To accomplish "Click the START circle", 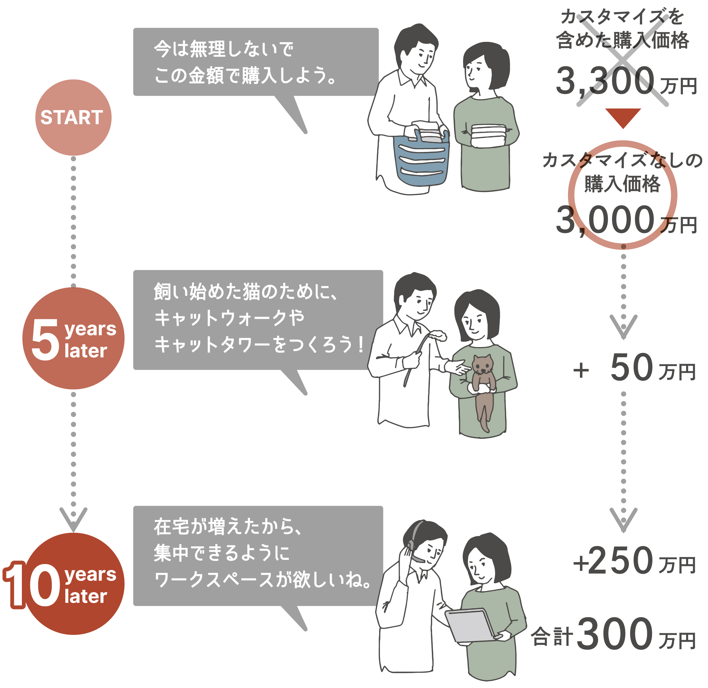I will point(73,118).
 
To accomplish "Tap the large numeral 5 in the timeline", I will point(45,340).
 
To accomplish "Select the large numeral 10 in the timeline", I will point(33,585).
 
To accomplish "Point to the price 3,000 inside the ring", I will point(605,220).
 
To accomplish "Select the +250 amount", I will point(614,561).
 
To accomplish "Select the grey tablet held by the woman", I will point(470,625).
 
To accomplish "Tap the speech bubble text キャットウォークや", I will point(229,318).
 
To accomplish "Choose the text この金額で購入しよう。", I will point(246,76).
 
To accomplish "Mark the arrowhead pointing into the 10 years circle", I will point(73,519).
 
